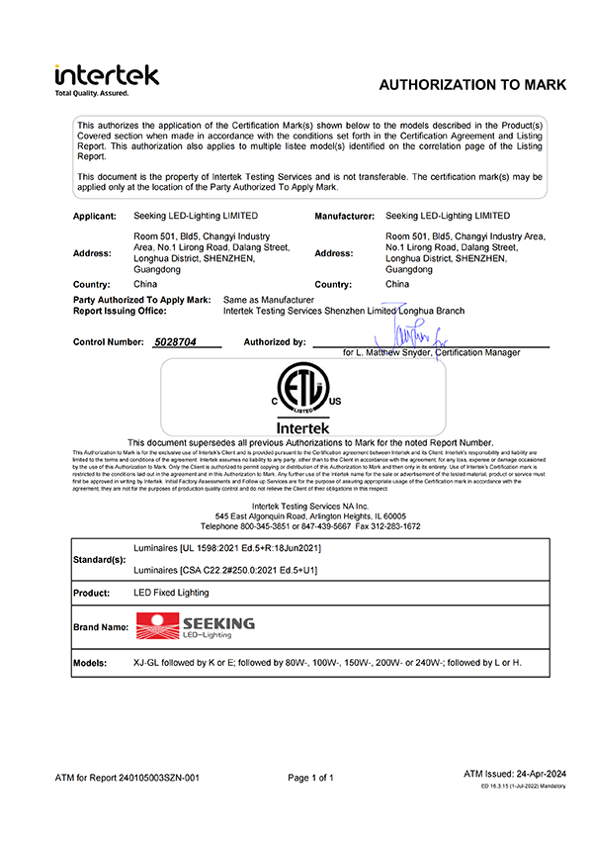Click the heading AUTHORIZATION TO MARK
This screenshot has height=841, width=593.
[x=472, y=85]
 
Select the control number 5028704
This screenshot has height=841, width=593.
[x=176, y=342]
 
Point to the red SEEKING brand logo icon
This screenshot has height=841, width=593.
[x=156, y=625]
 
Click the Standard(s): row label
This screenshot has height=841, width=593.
[x=100, y=559]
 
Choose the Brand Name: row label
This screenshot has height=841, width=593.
[x=101, y=626]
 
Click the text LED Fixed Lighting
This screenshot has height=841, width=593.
[x=171, y=592]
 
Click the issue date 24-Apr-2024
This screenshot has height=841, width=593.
[x=543, y=774]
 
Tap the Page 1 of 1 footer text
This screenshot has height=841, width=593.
[x=310, y=779]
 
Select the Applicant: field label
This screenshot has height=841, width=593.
[x=95, y=215]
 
